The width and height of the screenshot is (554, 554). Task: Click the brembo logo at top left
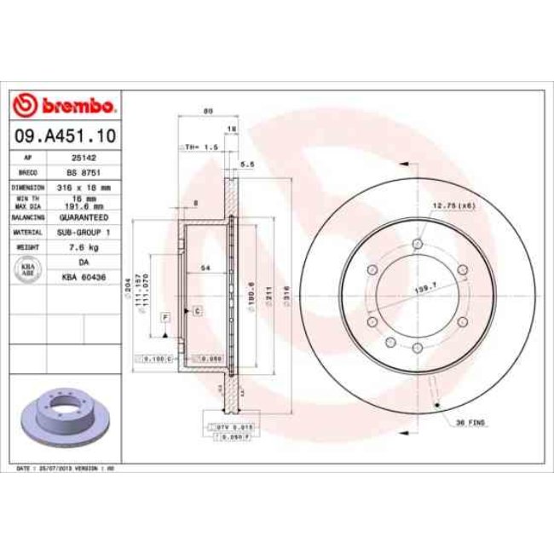point(65,106)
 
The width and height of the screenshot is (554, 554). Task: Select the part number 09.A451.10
point(65,136)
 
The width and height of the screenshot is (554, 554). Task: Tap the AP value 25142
point(83,158)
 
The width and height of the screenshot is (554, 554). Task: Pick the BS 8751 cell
point(83,171)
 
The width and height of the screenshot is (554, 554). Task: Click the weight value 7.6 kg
point(83,247)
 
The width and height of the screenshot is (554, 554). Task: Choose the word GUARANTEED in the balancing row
point(83,217)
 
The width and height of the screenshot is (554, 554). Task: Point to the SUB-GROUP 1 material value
point(83,232)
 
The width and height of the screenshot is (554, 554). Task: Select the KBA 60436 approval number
point(83,277)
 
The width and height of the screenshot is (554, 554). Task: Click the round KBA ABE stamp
point(28,270)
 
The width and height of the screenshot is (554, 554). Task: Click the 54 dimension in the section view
point(205,268)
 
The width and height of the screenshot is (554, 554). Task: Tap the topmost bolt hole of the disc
point(417,245)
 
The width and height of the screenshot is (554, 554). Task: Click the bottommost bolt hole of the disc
point(417,347)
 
